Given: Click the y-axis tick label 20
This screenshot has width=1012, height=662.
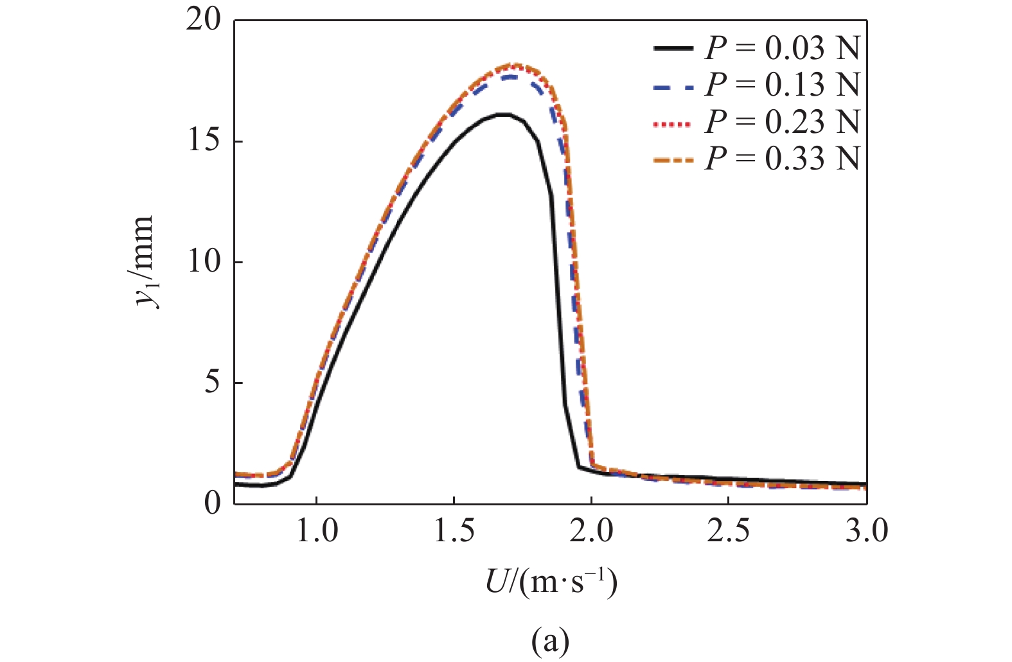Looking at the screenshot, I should pos(204,21).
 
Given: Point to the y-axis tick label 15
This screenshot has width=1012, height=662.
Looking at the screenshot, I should pos(204,141).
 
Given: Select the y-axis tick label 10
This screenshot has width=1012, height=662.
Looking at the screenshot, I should pos(204,262).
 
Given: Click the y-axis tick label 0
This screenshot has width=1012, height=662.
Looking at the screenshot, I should pos(212,503).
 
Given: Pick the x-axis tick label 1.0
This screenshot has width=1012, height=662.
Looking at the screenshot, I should pos(316,532).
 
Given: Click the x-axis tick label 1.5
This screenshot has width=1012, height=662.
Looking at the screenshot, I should pos(454,532).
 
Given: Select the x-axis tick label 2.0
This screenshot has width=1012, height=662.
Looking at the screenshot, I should pos(591,532).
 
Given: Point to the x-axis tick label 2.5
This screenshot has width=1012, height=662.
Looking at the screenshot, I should pos(729,532).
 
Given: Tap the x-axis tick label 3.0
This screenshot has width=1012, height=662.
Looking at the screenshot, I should pos(866,532).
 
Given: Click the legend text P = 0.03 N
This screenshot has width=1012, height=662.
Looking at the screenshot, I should pos(782,48).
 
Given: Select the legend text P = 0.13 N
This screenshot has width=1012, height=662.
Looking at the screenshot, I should pos(782,85).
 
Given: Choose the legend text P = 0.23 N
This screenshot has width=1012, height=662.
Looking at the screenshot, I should pos(782,121).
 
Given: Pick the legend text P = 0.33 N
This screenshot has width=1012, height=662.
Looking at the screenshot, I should pos(782,158).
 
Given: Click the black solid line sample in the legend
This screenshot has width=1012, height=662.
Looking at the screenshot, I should pos(673,49).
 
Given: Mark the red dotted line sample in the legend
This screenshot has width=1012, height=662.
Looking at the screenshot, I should pos(673,123).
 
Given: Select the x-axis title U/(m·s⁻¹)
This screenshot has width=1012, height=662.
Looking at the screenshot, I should pos(551,582).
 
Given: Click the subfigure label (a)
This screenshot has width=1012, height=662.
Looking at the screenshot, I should pos(551,640).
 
